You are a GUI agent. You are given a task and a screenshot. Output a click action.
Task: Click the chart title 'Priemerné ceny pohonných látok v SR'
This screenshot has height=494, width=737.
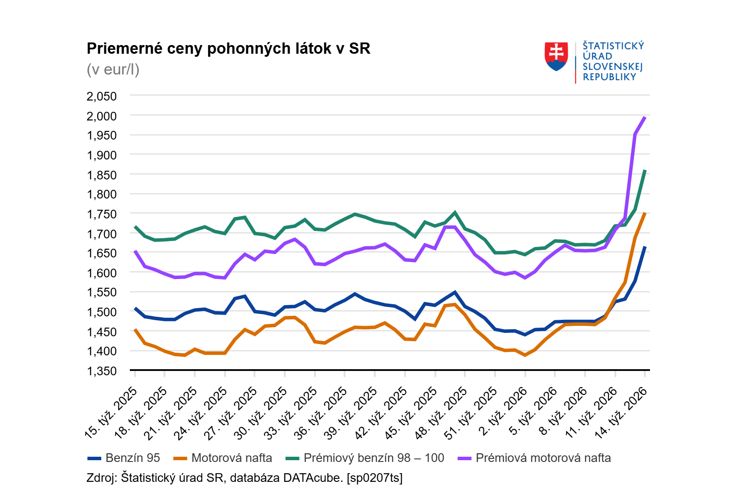pos(229,49)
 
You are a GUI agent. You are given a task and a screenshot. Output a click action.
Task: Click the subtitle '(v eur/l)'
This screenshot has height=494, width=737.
pos(113,69)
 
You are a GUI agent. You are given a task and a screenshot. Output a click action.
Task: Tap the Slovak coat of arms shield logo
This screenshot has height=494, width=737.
pos(556,57)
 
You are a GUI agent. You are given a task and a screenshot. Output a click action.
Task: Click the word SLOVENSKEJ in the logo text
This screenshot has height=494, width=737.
pos(612,67)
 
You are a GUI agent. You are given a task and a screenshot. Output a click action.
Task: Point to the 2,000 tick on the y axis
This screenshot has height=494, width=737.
pos(102,116)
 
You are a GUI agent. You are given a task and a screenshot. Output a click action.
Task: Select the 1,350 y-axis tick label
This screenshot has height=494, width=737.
pos(102,371)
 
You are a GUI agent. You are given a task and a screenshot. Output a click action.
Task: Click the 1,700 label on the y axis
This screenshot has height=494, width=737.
pos(102,234)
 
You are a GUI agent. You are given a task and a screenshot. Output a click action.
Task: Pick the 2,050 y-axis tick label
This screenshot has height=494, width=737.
pos(102,96)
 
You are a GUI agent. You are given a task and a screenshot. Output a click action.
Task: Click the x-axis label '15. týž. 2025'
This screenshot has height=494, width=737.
pos(111,413)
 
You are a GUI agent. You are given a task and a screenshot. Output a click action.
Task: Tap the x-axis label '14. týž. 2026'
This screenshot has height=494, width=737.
pos(621,413)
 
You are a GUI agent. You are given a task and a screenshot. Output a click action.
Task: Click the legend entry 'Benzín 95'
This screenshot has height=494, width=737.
pos(132,458)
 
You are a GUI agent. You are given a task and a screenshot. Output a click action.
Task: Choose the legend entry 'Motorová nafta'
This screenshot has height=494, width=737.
pos(232,458)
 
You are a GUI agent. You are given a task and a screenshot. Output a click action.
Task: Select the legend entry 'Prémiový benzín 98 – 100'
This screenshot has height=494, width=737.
pos(373,458)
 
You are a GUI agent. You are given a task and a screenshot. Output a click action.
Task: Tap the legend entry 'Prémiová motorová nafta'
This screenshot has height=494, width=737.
pos(543,458)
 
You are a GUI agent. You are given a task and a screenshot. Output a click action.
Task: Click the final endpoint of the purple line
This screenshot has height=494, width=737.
pos(645,117)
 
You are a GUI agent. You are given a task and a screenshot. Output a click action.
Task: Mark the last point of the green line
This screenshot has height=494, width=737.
pos(645,171)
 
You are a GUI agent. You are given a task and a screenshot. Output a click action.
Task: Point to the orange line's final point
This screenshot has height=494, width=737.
pos(645,213)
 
